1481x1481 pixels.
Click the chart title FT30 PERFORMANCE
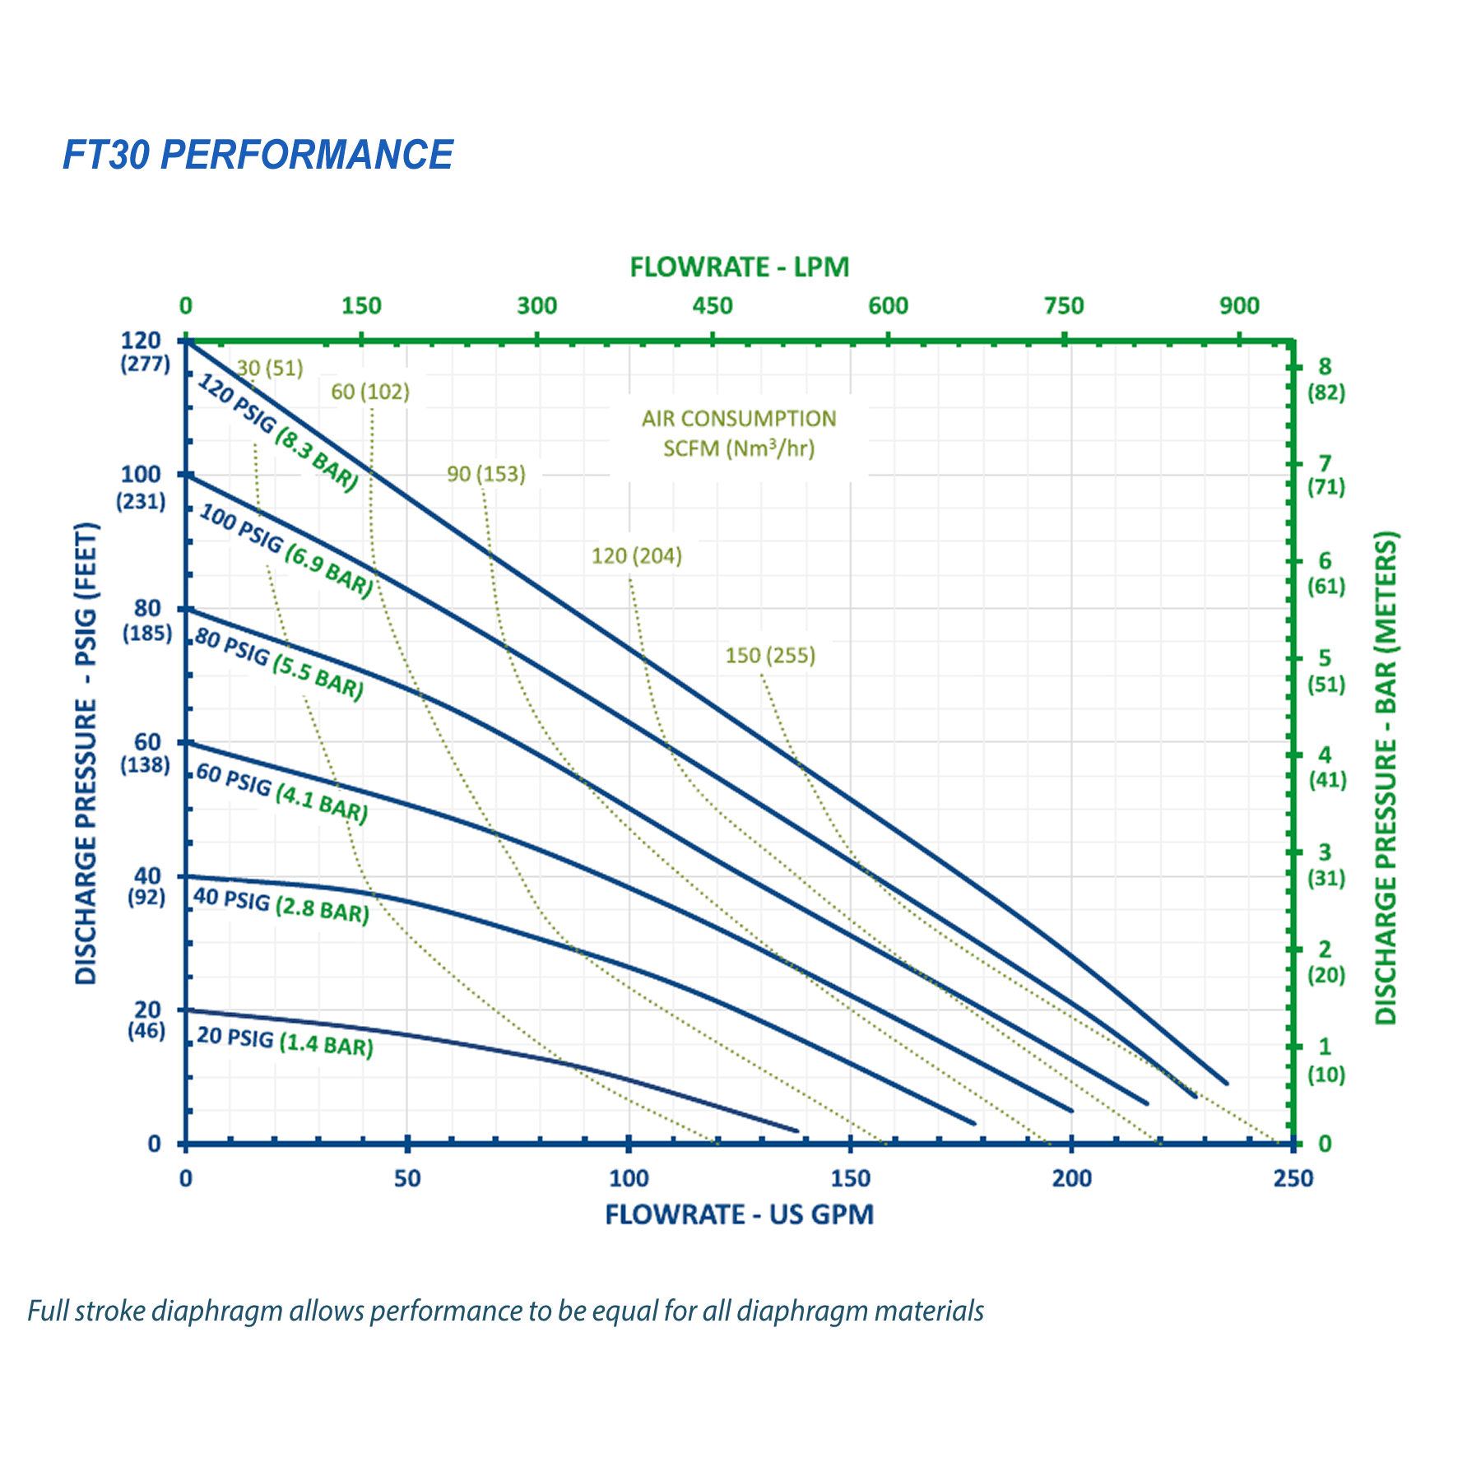[x=258, y=155]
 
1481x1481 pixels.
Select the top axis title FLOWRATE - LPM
[x=739, y=267]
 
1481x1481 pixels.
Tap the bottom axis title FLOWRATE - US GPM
[x=739, y=1214]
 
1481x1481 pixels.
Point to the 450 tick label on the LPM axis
[x=713, y=306]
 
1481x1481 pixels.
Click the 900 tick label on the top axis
[x=1239, y=306]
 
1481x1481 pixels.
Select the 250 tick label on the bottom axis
[x=1293, y=1178]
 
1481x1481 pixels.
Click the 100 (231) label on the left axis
[x=142, y=487]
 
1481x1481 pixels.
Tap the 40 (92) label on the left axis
[x=146, y=887]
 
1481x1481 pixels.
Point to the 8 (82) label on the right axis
[x=1325, y=379]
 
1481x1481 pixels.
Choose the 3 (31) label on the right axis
[x=1325, y=865]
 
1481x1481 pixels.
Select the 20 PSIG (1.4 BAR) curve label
[x=285, y=1042]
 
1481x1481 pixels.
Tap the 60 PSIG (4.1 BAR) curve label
[x=281, y=794]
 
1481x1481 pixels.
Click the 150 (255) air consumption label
[x=770, y=656]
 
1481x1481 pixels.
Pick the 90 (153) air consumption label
[x=486, y=474]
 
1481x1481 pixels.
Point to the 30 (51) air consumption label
[x=270, y=368]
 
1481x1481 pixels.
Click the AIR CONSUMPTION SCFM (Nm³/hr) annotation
[x=739, y=434]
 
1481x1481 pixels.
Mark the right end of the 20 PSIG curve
[x=796, y=1130]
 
